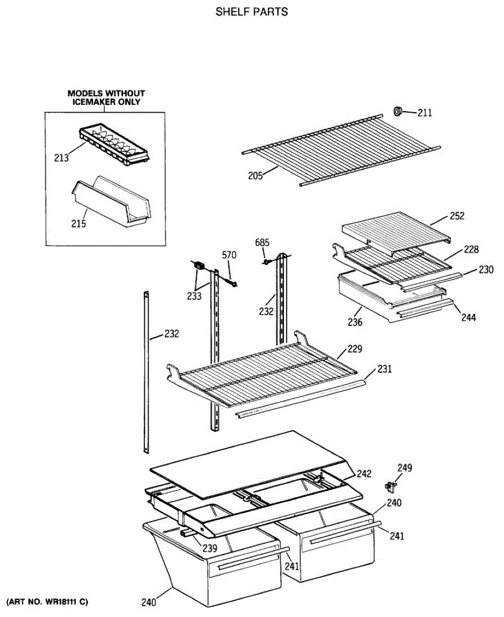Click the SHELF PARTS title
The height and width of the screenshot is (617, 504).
click(251, 12)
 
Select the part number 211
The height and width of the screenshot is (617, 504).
click(425, 113)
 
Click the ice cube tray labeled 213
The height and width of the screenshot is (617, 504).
click(113, 146)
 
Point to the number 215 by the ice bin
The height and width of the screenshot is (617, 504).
click(79, 224)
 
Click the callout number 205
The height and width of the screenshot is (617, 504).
click(255, 176)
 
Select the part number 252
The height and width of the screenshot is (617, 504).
click(457, 216)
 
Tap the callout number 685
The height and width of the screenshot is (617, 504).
click(262, 242)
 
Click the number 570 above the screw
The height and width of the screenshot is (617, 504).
click(229, 255)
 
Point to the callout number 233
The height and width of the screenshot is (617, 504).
click(194, 296)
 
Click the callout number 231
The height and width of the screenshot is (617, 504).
click(385, 368)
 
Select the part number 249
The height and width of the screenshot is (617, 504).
click(404, 468)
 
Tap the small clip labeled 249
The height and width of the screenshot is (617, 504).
click(391, 485)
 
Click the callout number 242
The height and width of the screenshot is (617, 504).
click(364, 474)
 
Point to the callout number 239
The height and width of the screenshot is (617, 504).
click(209, 548)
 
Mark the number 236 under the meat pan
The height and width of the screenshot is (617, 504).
click(355, 322)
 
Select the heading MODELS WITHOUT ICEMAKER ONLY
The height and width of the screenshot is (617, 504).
click(106, 97)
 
